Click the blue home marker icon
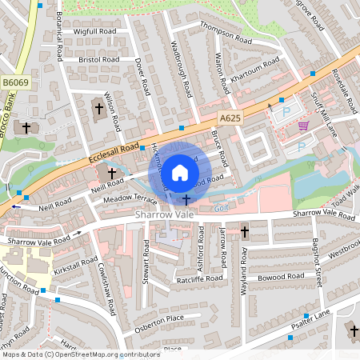click(x=180, y=172)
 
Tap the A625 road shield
click(x=230, y=118)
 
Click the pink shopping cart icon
click(x=303, y=126)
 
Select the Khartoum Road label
click(x=255, y=71)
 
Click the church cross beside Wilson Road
click(x=99, y=107)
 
